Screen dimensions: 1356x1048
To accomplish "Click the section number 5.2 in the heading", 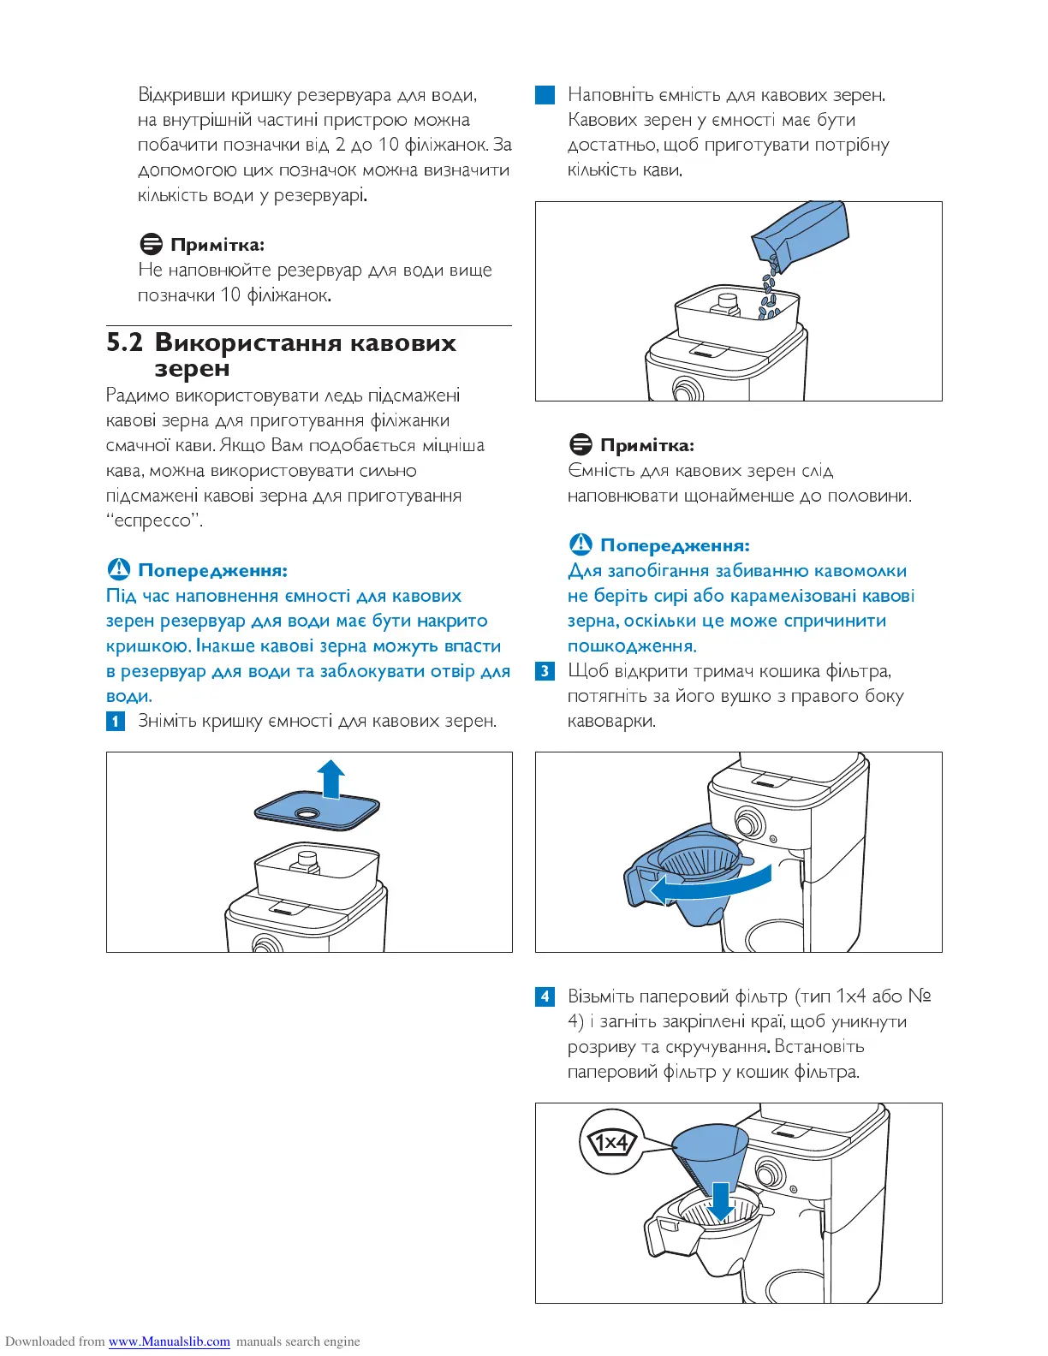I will pos(124,343).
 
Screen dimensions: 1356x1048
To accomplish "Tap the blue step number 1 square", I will pos(116,721).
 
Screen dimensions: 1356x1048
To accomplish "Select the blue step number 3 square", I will pos(545,671).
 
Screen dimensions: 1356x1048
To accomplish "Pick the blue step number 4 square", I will pos(545,996).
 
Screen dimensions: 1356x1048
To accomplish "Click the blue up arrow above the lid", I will pos(330,777).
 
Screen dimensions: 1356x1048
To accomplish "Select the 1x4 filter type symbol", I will pos(611,1143).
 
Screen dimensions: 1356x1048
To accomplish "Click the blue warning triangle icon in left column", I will pos(118,570).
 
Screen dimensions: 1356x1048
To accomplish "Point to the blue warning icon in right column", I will pos(581,544).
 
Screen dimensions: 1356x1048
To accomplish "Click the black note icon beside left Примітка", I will pos(151,245).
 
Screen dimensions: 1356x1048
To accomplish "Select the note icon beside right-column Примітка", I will pos(581,445).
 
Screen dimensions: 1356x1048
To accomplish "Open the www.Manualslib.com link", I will pos(169,1341).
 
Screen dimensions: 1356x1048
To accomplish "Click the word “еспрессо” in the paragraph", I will pos(155,520).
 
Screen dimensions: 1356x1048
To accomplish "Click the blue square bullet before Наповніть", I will pos(545,95).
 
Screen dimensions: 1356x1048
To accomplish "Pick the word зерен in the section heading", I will pos(192,369).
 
